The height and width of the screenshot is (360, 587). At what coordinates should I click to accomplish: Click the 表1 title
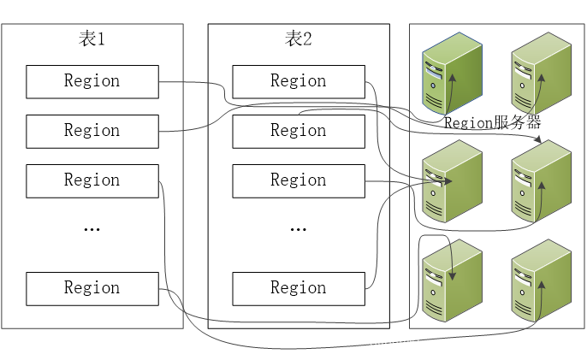point(92,38)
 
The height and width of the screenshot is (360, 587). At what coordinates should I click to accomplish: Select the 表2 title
point(298,38)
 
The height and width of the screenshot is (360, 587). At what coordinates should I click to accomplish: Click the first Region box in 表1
point(92,81)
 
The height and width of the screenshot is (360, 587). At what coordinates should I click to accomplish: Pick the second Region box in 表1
point(92,131)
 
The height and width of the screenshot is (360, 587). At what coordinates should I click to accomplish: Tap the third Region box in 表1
point(92,180)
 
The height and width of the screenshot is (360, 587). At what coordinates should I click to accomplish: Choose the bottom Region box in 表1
point(92,288)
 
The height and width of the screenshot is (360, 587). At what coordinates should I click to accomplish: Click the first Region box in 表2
point(299,81)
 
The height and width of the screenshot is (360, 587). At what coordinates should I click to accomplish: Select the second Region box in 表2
point(299,131)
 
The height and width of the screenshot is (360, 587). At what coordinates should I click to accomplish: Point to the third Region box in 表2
point(299,180)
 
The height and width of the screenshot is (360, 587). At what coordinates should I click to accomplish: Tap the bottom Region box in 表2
point(299,288)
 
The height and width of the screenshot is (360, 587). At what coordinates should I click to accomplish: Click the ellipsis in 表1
point(92,229)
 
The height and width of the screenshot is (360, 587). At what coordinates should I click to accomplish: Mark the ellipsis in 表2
point(299,229)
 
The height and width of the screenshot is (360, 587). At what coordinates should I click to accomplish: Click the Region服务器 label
point(492,123)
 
